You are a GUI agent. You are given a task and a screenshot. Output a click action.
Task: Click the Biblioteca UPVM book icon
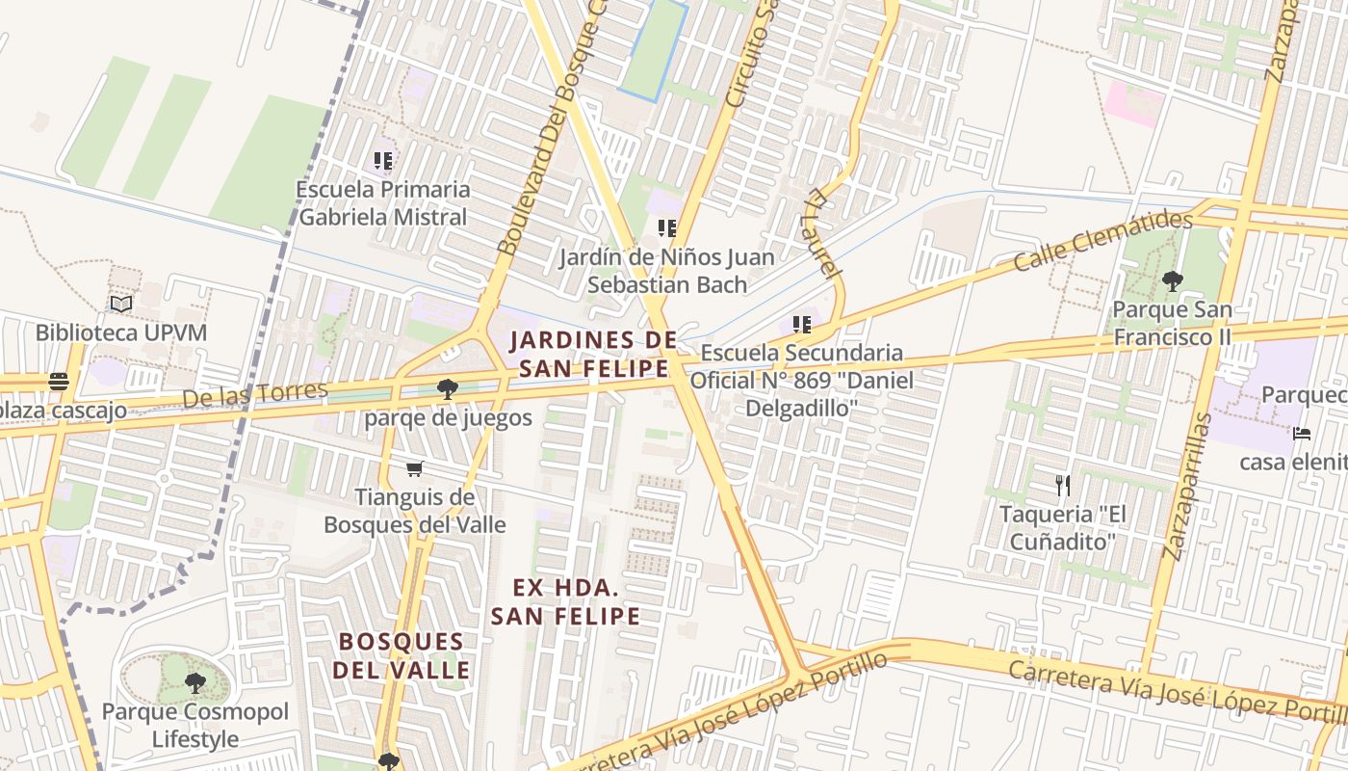point(120,305)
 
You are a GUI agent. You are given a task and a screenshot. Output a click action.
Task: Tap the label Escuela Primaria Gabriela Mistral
point(383,203)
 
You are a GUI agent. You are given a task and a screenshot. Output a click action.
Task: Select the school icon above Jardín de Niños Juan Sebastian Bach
point(666,228)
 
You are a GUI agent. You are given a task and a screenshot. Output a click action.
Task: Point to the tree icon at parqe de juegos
point(447,389)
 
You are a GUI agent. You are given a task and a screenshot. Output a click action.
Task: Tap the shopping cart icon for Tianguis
point(414,468)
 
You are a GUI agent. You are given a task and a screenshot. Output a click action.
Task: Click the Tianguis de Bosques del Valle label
point(415,511)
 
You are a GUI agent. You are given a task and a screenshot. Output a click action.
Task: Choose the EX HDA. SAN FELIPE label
point(565,601)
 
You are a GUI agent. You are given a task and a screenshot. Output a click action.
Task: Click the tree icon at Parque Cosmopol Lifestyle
point(195,683)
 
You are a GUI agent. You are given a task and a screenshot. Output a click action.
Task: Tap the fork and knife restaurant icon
point(1063,485)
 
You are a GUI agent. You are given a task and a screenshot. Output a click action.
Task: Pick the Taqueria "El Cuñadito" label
point(1062,527)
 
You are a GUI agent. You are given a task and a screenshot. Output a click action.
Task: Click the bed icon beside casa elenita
point(1302,434)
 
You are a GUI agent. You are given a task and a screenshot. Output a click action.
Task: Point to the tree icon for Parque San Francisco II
point(1172,281)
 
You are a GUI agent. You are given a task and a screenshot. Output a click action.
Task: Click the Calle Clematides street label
point(1102,241)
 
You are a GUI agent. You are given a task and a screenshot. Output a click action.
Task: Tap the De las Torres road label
point(255,395)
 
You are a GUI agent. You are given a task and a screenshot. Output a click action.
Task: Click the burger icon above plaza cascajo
point(59,382)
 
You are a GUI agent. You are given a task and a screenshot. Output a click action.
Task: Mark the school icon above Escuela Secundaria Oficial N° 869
point(801,325)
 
